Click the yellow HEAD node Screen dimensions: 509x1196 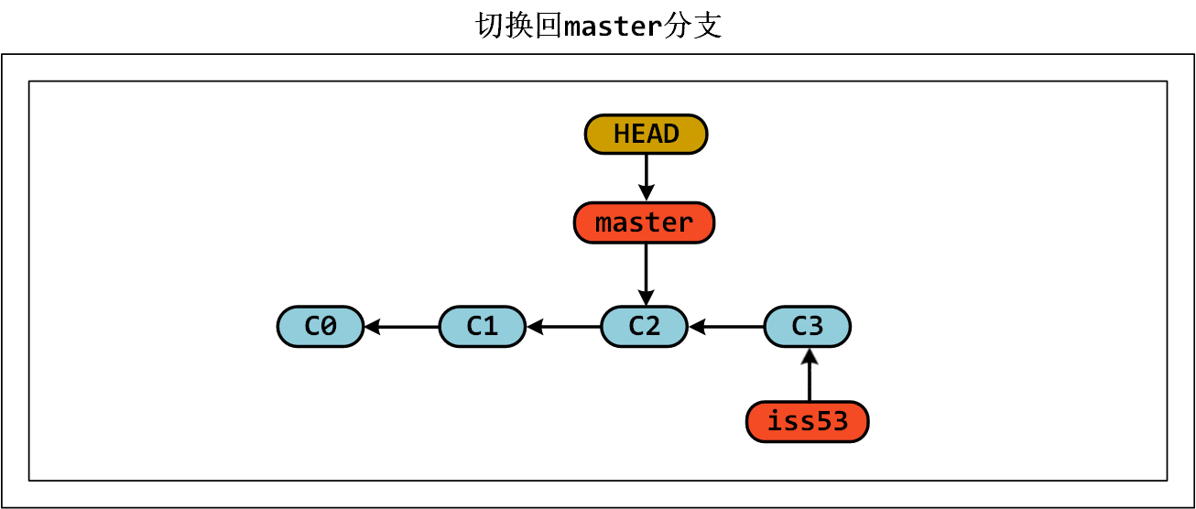click(646, 135)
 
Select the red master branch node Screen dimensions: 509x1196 click(644, 222)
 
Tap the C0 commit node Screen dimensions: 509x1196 click(321, 326)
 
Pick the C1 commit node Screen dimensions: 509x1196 click(483, 326)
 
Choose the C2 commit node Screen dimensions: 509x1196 click(644, 326)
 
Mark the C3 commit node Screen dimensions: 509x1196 click(807, 326)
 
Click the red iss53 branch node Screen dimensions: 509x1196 click(807, 422)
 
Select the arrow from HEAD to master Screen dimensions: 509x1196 click(646, 176)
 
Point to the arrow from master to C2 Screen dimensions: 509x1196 click(646, 273)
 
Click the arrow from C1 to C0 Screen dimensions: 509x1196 click(403, 326)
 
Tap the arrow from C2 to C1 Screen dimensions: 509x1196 click(564, 326)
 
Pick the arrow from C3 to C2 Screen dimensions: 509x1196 click(727, 326)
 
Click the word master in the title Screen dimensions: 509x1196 click(613, 27)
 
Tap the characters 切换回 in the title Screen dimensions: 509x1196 click(518, 26)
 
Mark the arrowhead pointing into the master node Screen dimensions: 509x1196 click(646, 194)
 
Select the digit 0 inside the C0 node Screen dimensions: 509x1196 click(330, 326)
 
